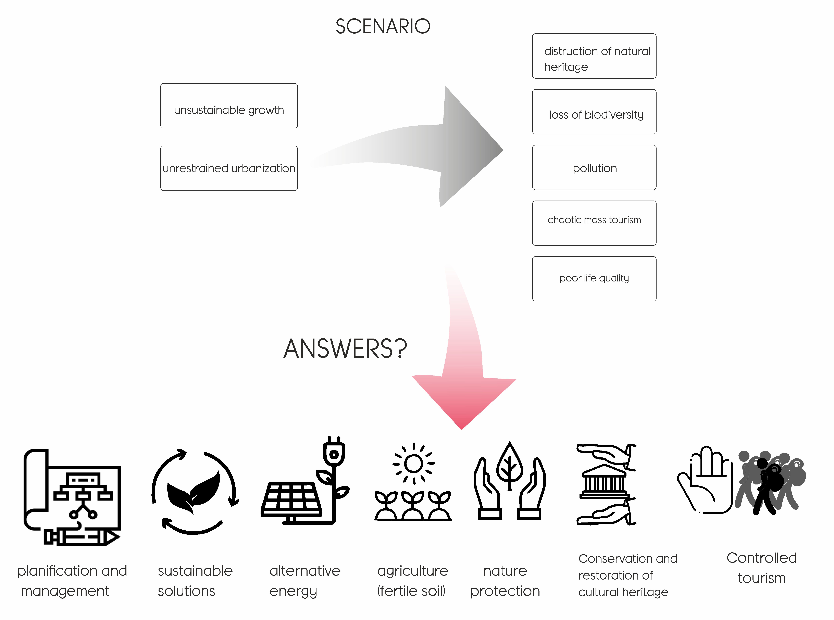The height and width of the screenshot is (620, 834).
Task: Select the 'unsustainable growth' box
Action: tap(229, 106)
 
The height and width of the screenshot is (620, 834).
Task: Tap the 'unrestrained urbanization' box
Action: tap(229, 168)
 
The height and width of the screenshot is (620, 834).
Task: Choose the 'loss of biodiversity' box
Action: tap(594, 111)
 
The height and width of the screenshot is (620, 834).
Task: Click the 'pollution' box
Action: tap(594, 167)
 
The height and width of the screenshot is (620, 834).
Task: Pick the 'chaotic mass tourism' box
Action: tap(594, 223)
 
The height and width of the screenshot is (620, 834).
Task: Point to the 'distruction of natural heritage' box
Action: tap(594, 56)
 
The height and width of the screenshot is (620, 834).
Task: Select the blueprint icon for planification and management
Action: tap(72, 497)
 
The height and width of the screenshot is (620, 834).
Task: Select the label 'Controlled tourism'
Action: tap(762, 568)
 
